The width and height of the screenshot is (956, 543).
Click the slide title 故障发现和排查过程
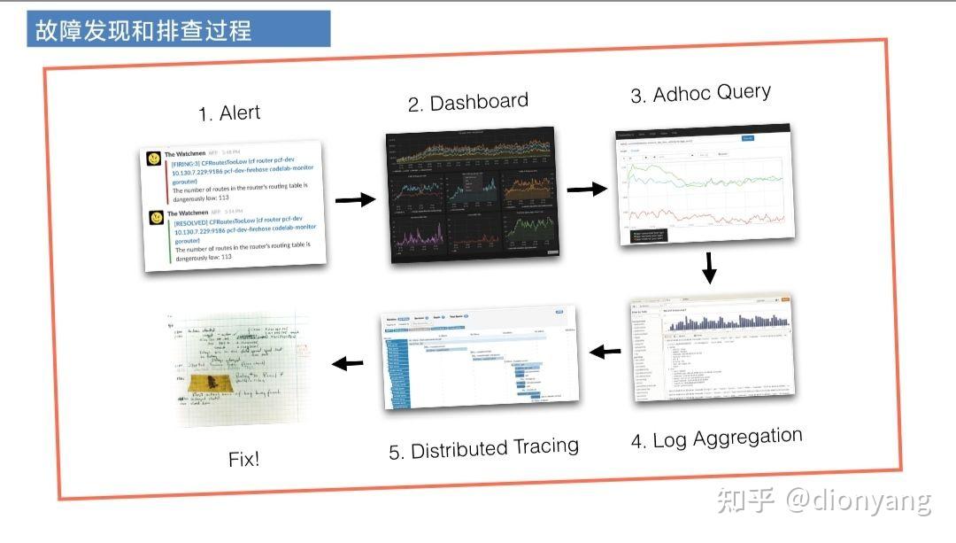[143, 30]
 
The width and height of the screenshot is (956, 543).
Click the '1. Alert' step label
[229, 113]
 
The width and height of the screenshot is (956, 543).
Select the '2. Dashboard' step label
[467, 103]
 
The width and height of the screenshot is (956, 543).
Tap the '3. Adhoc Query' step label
[700, 94]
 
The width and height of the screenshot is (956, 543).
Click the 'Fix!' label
[243, 460]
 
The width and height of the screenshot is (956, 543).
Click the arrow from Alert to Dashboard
[355, 200]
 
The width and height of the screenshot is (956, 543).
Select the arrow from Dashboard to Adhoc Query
[586, 189]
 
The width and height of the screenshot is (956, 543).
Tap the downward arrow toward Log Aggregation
[708, 268]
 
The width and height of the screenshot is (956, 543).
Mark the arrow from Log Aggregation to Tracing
[605, 352]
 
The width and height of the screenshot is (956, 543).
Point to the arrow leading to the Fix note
[347, 362]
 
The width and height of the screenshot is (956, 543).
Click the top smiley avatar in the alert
[156, 159]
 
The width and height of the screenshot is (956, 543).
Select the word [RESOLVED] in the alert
[194, 223]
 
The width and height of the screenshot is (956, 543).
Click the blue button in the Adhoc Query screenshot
[747, 139]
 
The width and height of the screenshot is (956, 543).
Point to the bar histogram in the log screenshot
[726, 323]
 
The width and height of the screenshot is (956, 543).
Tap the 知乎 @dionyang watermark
[823, 500]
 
